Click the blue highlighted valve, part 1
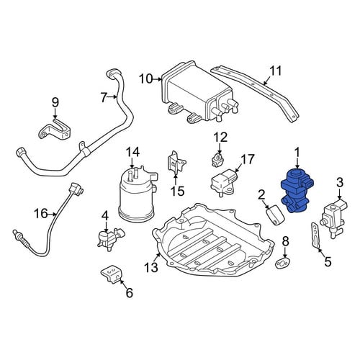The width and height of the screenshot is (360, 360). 297,192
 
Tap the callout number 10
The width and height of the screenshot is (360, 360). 146,78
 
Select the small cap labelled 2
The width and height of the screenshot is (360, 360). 276,215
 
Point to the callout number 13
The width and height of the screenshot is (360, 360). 151,267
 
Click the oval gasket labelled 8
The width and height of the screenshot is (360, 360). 282,263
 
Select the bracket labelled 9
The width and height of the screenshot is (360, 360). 55,129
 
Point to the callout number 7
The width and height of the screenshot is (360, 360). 104,98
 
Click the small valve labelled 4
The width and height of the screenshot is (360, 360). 110,237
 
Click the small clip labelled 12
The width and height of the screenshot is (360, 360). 217,159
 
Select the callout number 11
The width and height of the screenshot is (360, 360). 275,71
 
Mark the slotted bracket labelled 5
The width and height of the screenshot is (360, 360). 316,235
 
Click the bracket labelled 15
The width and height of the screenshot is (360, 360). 176,163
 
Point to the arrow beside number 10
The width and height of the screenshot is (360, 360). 158,78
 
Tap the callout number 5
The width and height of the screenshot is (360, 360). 328,261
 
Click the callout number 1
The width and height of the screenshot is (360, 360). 297,153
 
